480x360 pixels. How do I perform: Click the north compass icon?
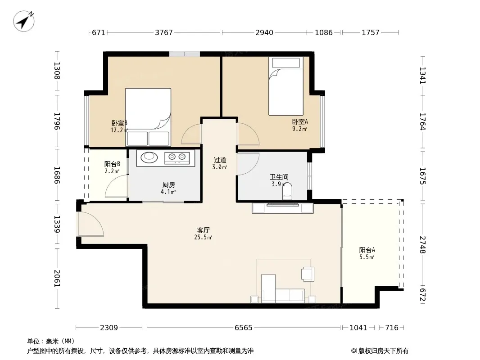coord(23,21)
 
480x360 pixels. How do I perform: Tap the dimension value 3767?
coord(164,32)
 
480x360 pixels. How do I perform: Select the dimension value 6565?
coord(243,328)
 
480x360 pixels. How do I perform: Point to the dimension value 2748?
coord(423,244)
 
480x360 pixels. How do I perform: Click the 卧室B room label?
coord(119,123)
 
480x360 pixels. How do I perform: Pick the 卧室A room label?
coord(300,122)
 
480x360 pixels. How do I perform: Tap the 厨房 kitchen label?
coord(169,185)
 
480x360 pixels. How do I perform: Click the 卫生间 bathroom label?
coord(279,177)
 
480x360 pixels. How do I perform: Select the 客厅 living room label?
coord(203,230)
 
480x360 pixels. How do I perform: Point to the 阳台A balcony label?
coord(367,250)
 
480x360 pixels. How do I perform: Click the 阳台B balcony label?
coord(112,164)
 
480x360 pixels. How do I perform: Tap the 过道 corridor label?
coord(220,160)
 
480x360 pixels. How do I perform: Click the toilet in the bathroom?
coord(287,191)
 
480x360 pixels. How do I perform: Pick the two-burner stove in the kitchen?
coord(177,157)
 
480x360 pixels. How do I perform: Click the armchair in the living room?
coord(308,274)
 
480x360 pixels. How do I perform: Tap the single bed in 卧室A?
coord(286,86)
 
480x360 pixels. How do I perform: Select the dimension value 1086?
coord(324,32)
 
